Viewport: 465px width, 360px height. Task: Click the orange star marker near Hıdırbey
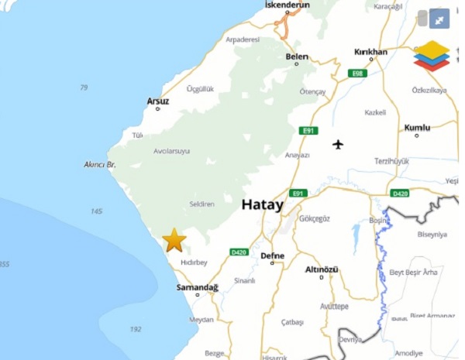coord(174,240)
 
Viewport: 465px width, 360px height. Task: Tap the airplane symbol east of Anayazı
coord(338,144)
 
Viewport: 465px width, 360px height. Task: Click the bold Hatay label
coord(262,205)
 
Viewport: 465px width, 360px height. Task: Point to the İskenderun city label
coord(287,5)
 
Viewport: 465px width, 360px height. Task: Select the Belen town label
coord(297,57)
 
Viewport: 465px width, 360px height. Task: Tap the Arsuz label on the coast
coord(157,101)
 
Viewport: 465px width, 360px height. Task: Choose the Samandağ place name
coord(198,287)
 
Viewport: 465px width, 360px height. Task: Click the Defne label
coord(273,255)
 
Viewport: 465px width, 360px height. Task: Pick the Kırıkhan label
coord(370,52)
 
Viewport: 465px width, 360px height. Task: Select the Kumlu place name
coord(417,127)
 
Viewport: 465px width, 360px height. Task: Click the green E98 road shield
coord(356,73)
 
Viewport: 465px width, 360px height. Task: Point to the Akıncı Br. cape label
coord(99,165)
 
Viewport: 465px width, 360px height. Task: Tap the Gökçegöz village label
coord(314,219)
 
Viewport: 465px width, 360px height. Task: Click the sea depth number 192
coord(136,329)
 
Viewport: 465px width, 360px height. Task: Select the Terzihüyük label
coord(391,161)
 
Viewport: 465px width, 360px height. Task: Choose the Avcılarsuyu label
coord(171,151)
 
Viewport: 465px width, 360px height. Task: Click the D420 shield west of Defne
coord(239,252)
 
